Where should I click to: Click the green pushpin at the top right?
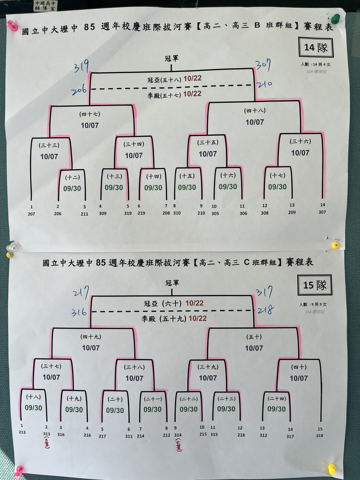pos(336,18)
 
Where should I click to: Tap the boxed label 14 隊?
pos(316,47)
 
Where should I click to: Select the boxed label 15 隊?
pos(315,285)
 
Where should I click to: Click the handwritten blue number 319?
pos(81,67)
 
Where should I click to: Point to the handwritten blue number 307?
pos(263,65)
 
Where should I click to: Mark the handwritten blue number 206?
pos(79,90)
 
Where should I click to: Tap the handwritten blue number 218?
pos(265,310)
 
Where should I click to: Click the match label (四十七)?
pos(90,114)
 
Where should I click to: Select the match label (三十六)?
pos(300,141)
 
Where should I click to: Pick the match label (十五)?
pos(187,176)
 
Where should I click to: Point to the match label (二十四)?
pos(277,398)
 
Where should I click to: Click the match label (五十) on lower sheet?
pos(254,337)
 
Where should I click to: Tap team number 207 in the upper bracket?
pos(31,214)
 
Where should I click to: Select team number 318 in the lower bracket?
pos(320,435)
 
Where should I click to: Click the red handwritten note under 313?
pos(47,443)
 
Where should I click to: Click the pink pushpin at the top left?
pos(12,26)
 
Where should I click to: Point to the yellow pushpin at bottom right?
pos(331,469)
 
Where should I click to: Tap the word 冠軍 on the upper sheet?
pos(172,58)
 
